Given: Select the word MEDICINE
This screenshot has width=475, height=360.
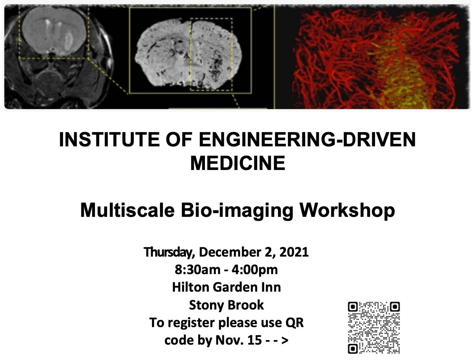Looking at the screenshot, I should [x=237, y=164].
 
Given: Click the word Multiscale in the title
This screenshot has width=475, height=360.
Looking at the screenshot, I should [x=127, y=210].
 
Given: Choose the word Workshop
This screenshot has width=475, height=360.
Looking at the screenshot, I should [x=347, y=210].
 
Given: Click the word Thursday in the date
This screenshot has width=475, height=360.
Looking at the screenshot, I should [x=169, y=252].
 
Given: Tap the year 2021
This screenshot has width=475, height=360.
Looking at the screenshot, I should [x=294, y=252].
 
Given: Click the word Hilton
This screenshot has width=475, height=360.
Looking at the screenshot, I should [x=190, y=287].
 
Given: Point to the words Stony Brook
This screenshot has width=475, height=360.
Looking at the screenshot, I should [x=226, y=305].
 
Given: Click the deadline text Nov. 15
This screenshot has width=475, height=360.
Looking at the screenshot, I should [x=239, y=340].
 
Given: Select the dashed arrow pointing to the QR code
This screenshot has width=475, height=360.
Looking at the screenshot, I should [x=277, y=340].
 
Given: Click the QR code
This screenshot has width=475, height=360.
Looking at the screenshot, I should [x=374, y=327].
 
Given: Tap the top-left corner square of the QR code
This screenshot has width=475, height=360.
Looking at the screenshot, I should [x=352, y=307].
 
